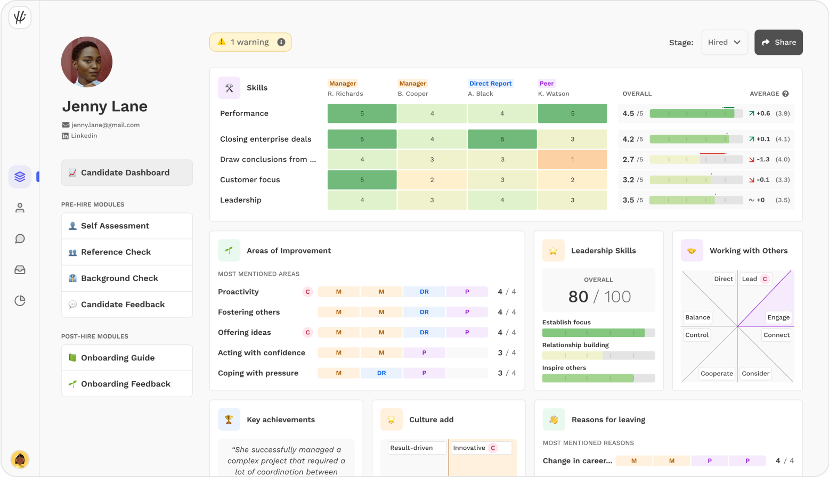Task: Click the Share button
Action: [778, 43]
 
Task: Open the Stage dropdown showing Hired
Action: [725, 43]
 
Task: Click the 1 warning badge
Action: [250, 43]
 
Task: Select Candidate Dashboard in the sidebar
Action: [127, 172]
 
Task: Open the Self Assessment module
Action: [127, 226]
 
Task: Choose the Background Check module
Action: [127, 278]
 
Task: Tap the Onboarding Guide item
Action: [127, 358]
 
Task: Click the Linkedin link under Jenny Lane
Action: [84, 136]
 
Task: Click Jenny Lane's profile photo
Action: [87, 62]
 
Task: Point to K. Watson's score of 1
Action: [572, 159]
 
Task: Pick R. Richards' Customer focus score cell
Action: [362, 180]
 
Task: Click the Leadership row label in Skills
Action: [241, 200]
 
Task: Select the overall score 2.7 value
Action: [629, 159]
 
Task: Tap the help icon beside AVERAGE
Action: [785, 94]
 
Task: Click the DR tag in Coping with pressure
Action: [381, 373]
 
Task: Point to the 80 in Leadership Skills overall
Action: [578, 297]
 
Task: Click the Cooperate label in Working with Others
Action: [717, 374]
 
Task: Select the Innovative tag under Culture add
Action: [469, 448]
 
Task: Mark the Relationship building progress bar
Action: [598, 356]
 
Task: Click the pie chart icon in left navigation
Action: [20, 301]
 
